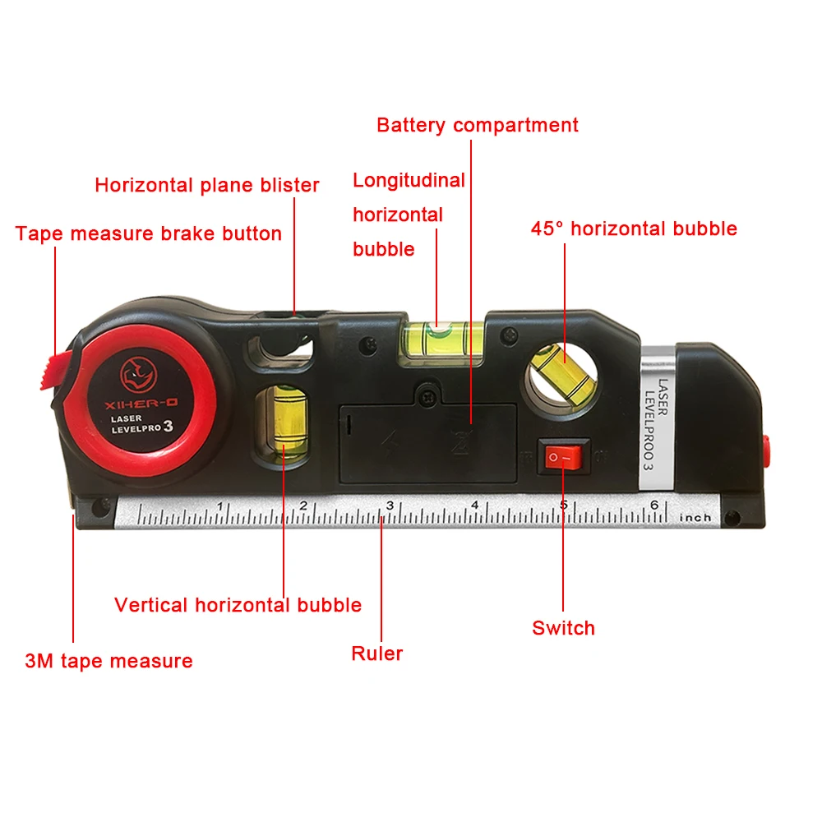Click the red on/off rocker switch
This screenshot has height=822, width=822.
[563, 457]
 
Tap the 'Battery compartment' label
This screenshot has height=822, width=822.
[478, 125]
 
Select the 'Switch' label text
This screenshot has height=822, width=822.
[564, 627]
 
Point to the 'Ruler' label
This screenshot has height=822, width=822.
[377, 653]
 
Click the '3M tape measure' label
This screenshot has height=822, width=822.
[109, 661]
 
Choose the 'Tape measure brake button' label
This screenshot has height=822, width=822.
[148, 233]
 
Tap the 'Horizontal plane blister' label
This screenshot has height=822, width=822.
[207, 185]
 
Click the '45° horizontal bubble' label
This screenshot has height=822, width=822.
[634, 229]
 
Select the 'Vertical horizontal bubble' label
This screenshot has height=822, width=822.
[238, 605]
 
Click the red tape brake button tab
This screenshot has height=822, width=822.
[56, 370]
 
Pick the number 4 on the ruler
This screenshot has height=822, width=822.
[474, 505]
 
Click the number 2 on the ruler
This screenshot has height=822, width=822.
[303, 506]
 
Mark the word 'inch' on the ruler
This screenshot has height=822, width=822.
[695, 518]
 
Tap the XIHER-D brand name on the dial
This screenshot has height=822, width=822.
[141, 404]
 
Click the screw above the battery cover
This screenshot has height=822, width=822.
[428, 397]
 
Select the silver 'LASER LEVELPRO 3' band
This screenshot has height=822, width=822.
[656, 418]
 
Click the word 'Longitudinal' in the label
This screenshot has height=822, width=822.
[409, 180]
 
